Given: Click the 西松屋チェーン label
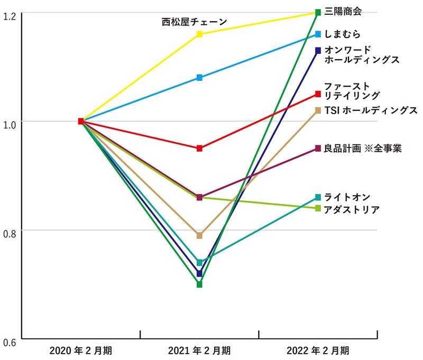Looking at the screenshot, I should [x=194, y=22].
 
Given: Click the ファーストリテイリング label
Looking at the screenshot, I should [x=352, y=90].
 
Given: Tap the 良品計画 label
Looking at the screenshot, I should [x=363, y=149].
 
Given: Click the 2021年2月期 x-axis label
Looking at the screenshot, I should [x=199, y=350].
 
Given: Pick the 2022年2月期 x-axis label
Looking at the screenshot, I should [x=318, y=350].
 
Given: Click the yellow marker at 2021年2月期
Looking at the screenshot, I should [x=199, y=34].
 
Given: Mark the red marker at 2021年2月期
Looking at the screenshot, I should [x=199, y=149].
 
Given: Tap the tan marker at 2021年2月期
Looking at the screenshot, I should [x=199, y=235].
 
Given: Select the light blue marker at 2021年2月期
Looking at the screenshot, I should [x=199, y=78].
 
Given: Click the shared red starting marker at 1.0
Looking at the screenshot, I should [x=80, y=121].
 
